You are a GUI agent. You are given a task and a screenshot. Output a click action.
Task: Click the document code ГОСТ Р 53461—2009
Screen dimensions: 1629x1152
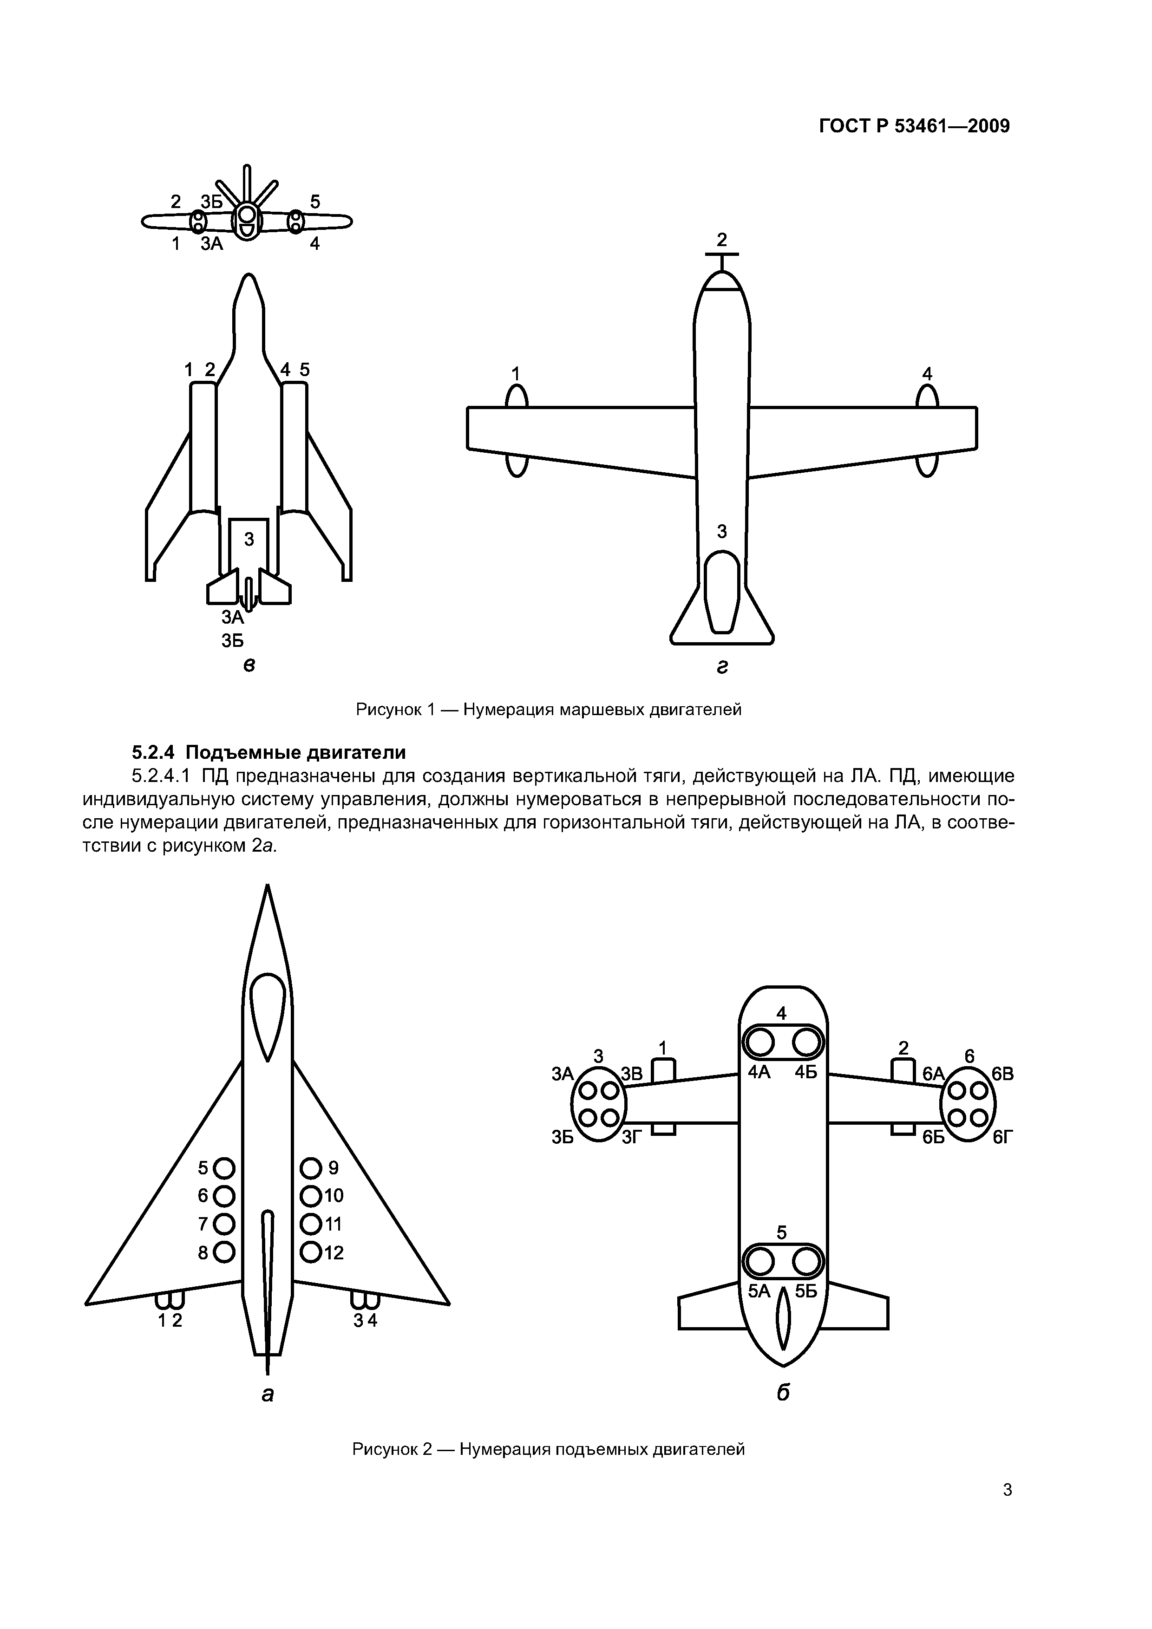pyautogui.click(x=914, y=126)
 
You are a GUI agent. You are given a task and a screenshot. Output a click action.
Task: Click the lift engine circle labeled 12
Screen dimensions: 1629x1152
pyautogui.click(x=310, y=1252)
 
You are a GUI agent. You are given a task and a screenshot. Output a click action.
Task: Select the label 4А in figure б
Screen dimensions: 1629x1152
pyautogui.click(x=759, y=1072)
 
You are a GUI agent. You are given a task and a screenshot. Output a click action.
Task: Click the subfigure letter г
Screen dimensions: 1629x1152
pyautogui.click(x=722, y=667)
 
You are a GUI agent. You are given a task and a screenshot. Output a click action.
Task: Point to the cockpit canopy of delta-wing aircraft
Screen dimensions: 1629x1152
pyautogui.click(x=268, y=1015)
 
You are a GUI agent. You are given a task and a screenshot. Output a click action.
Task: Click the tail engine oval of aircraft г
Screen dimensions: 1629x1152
pyautogui.click(x=722, y=592)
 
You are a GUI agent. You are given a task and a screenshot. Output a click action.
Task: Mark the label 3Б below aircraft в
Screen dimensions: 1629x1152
pyautogui.click(x=232, y=641)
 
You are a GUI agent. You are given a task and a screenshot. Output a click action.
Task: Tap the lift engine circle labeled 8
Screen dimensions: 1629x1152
pyautogui.click(x=224, y=1252)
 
